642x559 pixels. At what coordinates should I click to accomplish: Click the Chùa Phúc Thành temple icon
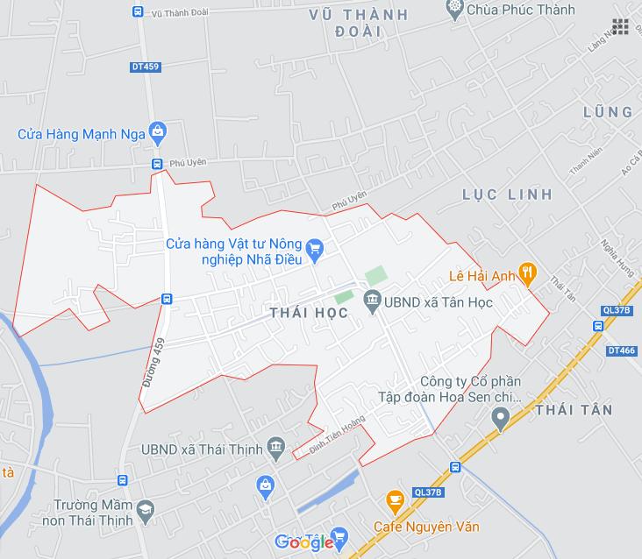[454, 10]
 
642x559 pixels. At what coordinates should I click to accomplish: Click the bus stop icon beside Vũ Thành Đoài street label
[138, 12]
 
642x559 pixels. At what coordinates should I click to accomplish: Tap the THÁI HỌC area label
[309, 313]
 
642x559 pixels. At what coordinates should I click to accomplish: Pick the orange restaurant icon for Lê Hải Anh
[527, 273]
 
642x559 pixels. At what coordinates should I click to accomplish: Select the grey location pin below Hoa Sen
[500, 420]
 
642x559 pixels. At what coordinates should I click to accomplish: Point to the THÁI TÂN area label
[574, 410]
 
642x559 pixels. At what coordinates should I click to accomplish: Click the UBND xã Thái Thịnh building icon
[276, 448]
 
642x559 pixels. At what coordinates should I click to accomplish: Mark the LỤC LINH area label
[508, 194]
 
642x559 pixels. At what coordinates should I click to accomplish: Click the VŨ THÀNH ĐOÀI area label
[359, 22]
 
